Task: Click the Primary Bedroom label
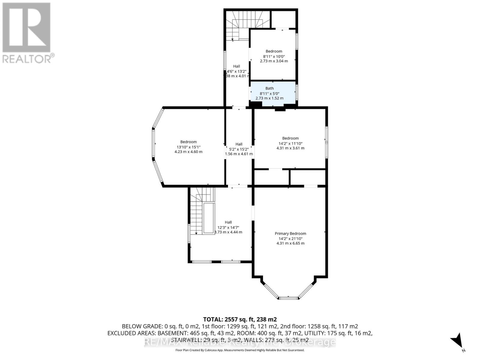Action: tap(290, 233)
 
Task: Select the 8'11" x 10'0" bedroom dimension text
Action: tap(274, 56)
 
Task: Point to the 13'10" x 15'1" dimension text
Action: tap(188, 147)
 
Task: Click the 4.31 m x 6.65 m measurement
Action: tap(290, 243)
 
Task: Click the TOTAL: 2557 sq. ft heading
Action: tap(240, 319)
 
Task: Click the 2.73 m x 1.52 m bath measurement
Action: tap(269, 98)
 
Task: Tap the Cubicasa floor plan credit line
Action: tap(240, 350)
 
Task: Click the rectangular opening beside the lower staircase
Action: tap(209, 218)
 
